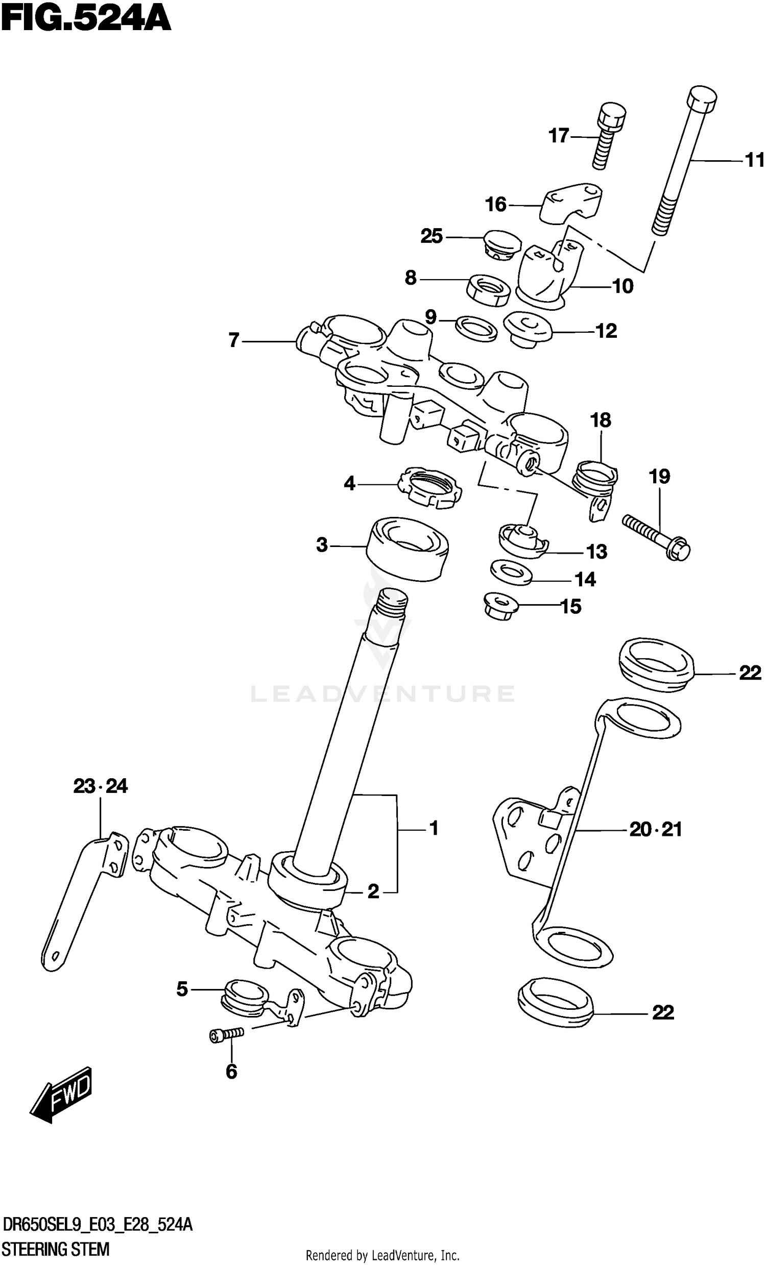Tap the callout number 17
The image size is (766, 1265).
pyautogui.click(x=559, y=136)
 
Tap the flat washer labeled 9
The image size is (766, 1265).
pyautogui.click(x=476, y=329)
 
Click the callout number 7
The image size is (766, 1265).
pyautogui.click(x=234, y=340)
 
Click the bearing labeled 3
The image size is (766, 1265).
pyautogui.click(x=407, y=550)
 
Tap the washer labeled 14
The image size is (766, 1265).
pyautogui.click(x=511, y=573)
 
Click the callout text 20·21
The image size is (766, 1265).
pyautogui.click(x=655, y=830)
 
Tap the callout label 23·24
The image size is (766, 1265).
pyautogui.click(x=100, y=786)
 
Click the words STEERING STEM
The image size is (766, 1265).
pyautogui.click(x=56, y=1250)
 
